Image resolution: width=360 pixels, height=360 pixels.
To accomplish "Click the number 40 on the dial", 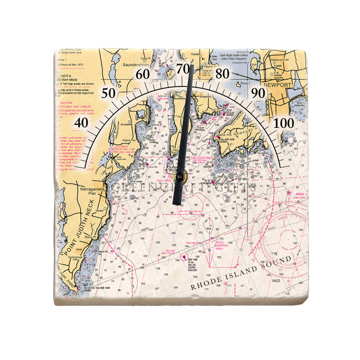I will (x=81, y=122).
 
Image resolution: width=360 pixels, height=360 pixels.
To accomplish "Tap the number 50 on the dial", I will (x=109, y=92).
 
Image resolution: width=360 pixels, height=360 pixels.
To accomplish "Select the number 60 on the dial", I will (x=143, y=74).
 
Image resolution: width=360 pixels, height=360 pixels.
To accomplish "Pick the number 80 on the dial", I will (x=222, y=74).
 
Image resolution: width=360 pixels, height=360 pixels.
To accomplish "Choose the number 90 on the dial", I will (x=258, y=92).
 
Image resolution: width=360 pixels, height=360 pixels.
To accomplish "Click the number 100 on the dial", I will (x=284, y=122).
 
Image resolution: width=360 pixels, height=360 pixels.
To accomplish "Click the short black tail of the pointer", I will (x=176, y=193).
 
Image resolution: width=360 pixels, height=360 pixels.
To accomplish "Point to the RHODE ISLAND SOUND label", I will (x=240, y=274).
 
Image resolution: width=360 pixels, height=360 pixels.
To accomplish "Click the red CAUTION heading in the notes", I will (x=66, y=103).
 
